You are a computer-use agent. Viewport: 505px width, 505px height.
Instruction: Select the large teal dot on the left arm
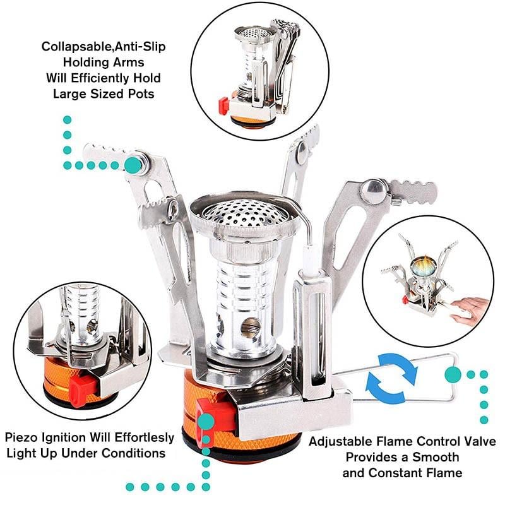(133, 165)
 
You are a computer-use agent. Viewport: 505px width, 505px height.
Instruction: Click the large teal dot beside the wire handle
(453, 375)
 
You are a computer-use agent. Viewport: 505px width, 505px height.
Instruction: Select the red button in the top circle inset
(223, 104)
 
